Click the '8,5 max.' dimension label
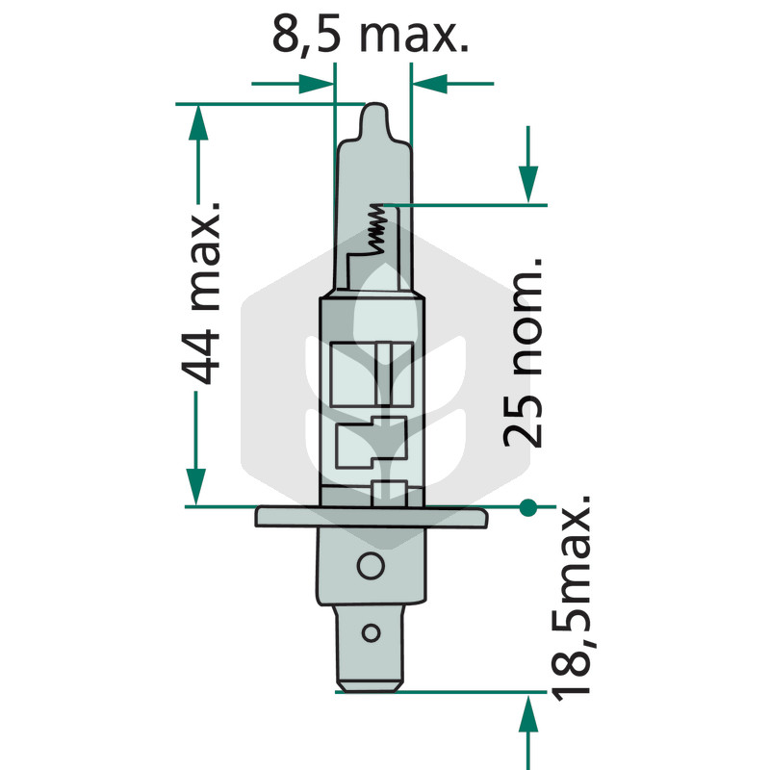[371, 36]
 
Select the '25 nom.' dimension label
[524, 352]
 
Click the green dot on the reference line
[527, 507]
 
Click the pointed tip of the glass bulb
[375, 106]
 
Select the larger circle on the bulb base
[371, 566]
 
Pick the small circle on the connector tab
[371, 633]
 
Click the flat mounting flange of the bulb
[372, 517]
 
